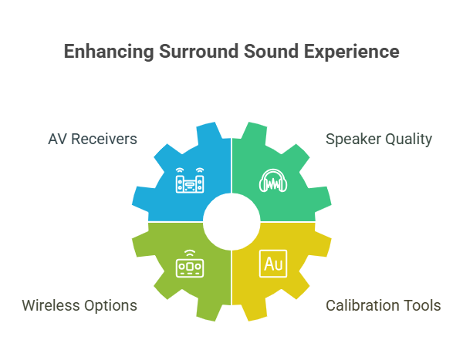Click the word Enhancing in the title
pyautogui.click(x=109, y=52)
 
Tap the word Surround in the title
pyautogui.click(x=199, y=52)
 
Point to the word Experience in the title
pyautogui.click(x=352, y=52)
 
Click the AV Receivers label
pyautogui.click(x=93, y=139)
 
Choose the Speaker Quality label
pyautogui.click(x=379, y=140)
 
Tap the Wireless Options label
pyautogui.click(x=79, y=305)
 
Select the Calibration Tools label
pyautogui.click(x=384, y=305)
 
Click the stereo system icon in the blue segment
pyautogui.click(x=190, y=180)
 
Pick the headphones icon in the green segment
pyautogui.click(x=273, y=180)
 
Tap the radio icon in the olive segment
pyautogui.click(x=190, y=264)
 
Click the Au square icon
pyautogui.click(x=273, y=264)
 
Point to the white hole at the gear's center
pyautogui.click(x=231, y=222)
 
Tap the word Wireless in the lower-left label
pyautogui.click(x=50, y=305)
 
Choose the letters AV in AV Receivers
pyautogui.click(x=58, y=139)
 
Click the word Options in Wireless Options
pyautogui.click(x=110, y=306)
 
